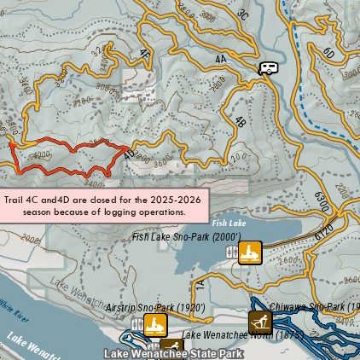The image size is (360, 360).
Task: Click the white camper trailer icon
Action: [268, 67]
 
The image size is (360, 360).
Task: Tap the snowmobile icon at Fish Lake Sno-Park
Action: [249, 253]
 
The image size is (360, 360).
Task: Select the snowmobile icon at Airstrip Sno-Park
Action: [154, 324]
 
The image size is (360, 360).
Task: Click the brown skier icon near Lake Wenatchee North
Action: [260, 322]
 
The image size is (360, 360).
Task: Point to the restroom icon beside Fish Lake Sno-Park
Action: [231, 253]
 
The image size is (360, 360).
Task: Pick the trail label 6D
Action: [328, 53]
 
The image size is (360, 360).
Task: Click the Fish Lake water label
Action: [230, 223]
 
